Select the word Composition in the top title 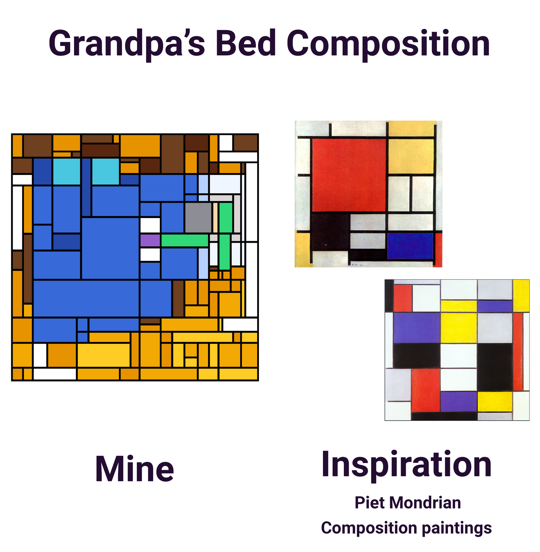[388, 44]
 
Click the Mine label [135, 469]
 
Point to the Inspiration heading [406, 464]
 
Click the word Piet [370, 503]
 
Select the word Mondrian [425, 503]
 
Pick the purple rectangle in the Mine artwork [150, 240]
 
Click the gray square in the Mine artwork [198, 218]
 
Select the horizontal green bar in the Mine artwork [184, 240]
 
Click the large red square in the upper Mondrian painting [348, 174]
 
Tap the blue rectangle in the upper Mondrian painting [410, 246]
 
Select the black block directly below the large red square [330, 231]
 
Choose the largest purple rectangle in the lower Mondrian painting [416, 327]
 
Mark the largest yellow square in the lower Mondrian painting [459, 327]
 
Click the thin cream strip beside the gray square [215, 218]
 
